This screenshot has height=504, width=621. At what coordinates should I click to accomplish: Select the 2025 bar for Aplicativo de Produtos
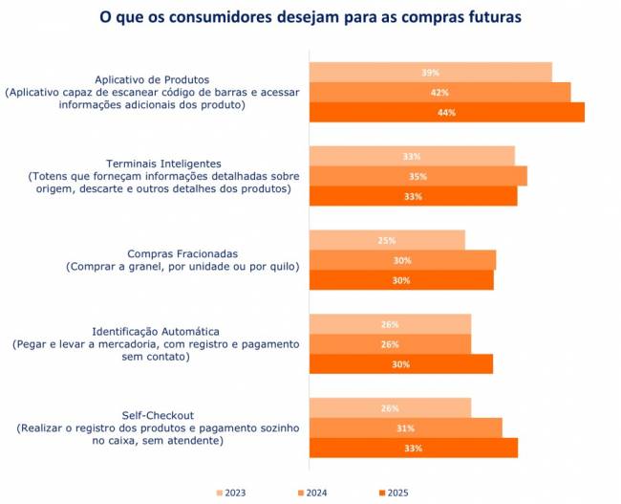(x=446, y=113)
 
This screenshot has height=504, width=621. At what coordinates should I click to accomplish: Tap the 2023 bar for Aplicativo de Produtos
(x=430, y=73)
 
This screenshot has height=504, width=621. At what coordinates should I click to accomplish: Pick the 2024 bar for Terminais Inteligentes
(x=418, y=176)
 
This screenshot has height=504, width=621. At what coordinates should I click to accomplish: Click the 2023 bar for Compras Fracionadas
(x=387, y=240)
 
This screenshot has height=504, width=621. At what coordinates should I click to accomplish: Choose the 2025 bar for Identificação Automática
(x=400, y=364)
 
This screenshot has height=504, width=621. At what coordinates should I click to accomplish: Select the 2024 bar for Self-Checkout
(x=405, y=427)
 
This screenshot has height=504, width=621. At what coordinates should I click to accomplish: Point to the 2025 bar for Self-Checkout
(x=413, y=448)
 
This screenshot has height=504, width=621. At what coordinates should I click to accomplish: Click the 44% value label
(x=446, y=113)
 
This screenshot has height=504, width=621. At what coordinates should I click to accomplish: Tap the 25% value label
(x=387, y=240)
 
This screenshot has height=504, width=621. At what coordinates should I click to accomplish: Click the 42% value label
(x=439, y=93)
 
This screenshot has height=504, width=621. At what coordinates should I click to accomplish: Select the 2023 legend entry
(x=232, y=493)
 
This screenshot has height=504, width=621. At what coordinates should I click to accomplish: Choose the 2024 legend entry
(x=313, y=493)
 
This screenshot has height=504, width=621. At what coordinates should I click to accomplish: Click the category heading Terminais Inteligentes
(x=159, y=164)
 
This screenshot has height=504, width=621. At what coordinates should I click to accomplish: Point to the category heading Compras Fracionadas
(x=159, y=253)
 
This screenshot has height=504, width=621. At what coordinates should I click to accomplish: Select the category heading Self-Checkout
(x=159, y=415)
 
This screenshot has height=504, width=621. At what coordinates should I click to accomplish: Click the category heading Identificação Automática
(x=159, y=331)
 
